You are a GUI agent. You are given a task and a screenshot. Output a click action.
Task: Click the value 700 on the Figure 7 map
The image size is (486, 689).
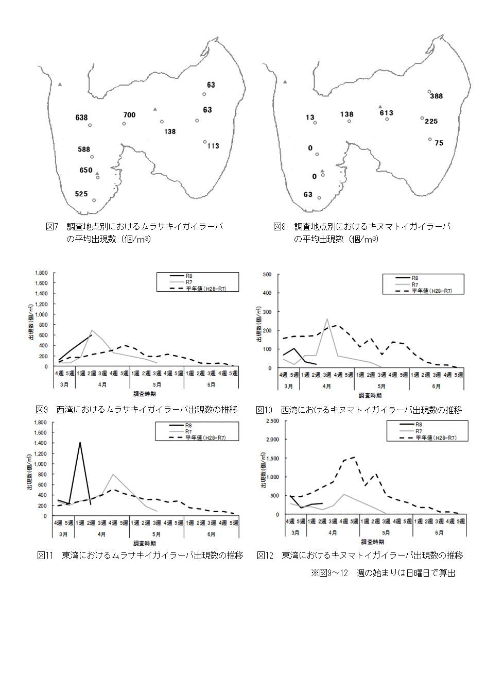pyautogui.click(x=129, y=115)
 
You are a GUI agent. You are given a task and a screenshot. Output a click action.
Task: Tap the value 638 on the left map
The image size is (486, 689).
pyautogui.click(x=81, y=117)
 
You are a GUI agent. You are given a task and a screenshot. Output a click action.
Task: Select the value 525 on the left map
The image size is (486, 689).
pyautogui.click(x=81, y=194)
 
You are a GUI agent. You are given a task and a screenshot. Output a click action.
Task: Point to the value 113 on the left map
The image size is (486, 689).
pyautogui.click(x=213, y=146)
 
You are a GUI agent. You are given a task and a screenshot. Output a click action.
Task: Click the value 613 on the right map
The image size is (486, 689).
pyautogui.click(x=386, y=113)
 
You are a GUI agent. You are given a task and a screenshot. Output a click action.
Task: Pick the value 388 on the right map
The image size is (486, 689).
pyautogui.click(x=437, y=96)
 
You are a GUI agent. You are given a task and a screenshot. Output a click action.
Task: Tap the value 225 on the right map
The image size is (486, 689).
pyautogui.click(x=431, y=121)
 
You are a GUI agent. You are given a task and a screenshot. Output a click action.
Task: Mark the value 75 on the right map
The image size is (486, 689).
pyautogui.click(x=439, y=143)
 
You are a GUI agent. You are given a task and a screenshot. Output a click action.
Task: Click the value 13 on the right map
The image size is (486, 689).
pyautogui.click(x=310, y=117)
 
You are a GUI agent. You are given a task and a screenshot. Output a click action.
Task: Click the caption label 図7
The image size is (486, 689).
pyautogui.click(x=52, y=226)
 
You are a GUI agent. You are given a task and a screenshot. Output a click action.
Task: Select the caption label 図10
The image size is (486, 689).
pyautogui.click(x=264, y=410)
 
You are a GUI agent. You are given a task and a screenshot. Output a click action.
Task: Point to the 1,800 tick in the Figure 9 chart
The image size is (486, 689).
pyautogui.click(x=41, y=273)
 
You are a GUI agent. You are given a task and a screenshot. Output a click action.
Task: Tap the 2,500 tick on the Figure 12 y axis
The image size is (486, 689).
pyautogui.click(x=272, y=421)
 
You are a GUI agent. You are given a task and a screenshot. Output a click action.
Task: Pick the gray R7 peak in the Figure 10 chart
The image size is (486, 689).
pyautogui.click(x=327, y=319)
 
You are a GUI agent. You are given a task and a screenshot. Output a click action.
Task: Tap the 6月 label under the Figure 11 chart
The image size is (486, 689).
pyautogui.click(x=211, y=534)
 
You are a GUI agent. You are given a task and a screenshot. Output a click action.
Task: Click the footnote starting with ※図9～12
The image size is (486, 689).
pyautogui.click(x=383, y=573)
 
